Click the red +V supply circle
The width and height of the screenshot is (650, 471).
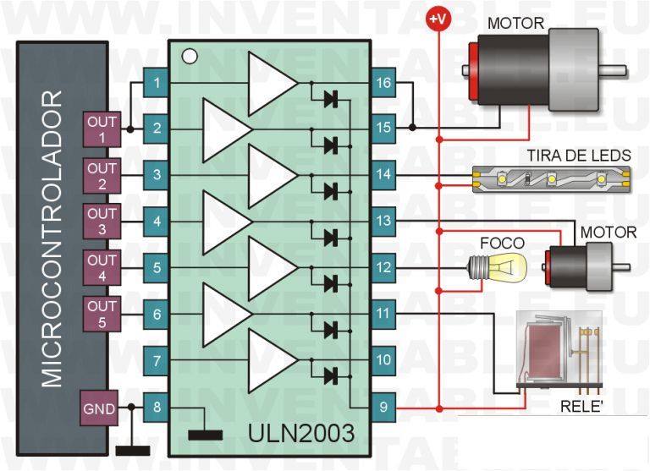pos(438,19)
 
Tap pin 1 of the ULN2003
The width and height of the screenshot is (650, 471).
pos(156,83)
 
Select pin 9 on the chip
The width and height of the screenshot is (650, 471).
pos(383,407)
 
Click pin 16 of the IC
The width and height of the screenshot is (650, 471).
pos(383,82)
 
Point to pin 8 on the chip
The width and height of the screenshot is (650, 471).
pos(156,408)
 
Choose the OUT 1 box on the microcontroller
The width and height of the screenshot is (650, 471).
pos(102,129)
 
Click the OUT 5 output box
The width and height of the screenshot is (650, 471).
pos(102,314)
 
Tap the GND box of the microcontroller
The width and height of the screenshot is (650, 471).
pos(99,408)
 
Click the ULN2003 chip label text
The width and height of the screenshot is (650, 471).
pos(301,433)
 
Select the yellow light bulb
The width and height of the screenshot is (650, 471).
pos(498,266)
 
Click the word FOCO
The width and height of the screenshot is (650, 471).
pos(502,244)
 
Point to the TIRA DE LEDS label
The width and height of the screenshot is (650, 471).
pos(579,156)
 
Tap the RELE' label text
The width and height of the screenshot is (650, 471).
pos(581,407)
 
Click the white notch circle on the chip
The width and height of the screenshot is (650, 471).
pos(190,57)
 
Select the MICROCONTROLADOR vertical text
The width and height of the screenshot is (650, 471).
pos(52,239)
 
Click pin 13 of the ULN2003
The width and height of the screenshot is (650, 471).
pos(383,221)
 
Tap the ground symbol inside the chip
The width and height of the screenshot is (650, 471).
pos(205,435)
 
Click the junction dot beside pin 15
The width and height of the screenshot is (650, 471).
pos(412,128)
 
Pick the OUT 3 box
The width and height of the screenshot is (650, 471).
pos(102,222)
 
